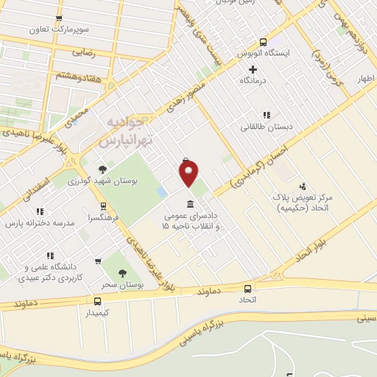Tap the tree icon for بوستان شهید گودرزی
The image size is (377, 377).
point(102,169)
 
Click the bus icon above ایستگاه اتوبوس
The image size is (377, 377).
point(263,42)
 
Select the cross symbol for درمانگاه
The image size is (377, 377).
point(253,69)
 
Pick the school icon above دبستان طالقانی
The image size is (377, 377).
point(267,115)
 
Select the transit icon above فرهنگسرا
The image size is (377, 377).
point(103,206)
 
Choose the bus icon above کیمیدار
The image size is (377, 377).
point(97,300)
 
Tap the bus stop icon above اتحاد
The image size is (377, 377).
point(247,289)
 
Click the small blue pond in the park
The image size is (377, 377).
point(161,192)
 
